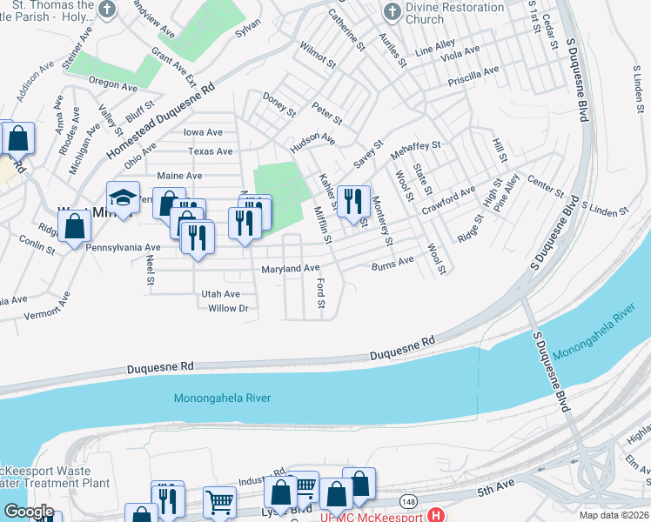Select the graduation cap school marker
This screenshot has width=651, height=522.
tap(124, 197)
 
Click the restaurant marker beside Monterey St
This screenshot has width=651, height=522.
tap(353, 202)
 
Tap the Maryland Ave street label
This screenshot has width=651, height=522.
tap(291, 269)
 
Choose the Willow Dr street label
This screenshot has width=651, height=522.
tap(228, 308)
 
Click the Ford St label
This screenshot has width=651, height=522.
tap(321, 293)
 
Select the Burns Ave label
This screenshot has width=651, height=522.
tap(393, 263)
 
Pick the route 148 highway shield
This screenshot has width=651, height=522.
tap(407, 501)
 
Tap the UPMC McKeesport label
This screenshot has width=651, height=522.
tap(370, 517)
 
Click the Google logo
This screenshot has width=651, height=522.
tap(29, 512)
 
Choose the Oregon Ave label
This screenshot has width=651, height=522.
tap(112, 84)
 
